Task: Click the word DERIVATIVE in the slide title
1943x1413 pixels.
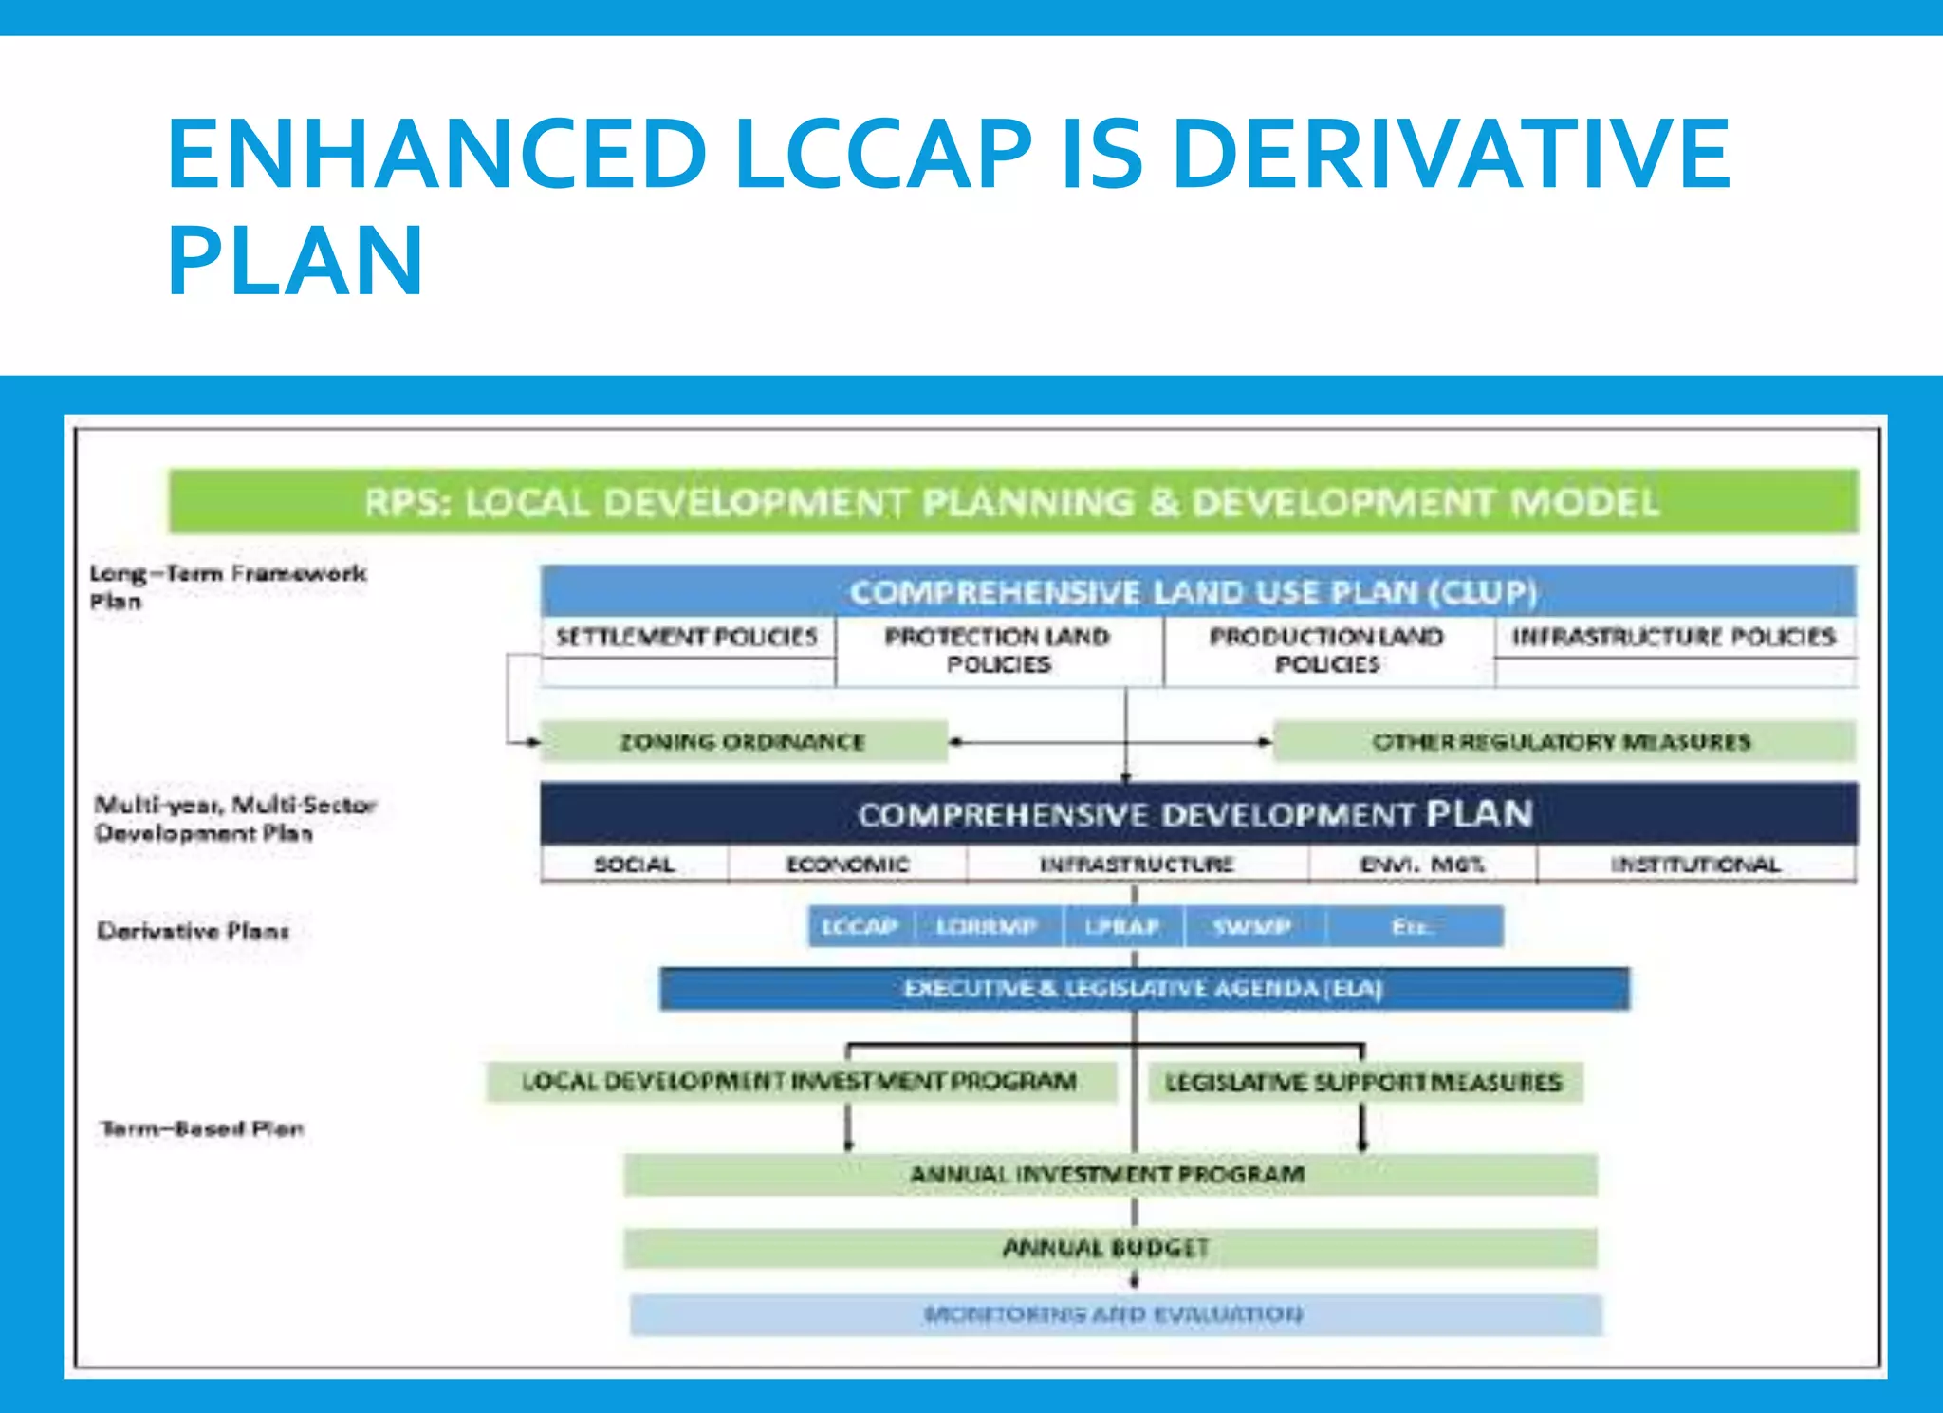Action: [1452, 154]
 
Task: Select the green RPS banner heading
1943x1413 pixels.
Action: [1012, 501]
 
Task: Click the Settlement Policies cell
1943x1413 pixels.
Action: [687, 637]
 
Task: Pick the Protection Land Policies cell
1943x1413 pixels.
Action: [998, 650]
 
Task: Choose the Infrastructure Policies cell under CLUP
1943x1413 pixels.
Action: [1674, 637]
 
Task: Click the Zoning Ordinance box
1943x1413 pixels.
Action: [743, 742]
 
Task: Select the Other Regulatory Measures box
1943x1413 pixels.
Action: [1562, 742]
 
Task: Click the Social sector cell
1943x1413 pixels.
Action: [634, 865]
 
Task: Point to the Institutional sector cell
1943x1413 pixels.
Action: [1695, 865]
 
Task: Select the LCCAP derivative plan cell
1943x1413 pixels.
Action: [860, 926]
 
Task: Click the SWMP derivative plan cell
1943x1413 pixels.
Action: [1252, 926]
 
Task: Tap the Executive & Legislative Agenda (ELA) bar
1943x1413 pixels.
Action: [1143, 989]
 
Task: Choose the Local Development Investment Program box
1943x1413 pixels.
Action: [800, 1082]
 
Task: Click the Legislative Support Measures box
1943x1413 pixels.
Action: [1363, 1082]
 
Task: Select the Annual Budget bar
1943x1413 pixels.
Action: [1107, 1248]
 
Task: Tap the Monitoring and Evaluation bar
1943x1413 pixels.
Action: [1114, 1314]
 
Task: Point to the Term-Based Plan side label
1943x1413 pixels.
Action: [202, 1128]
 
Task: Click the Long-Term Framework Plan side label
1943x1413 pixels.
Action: [228, 586]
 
